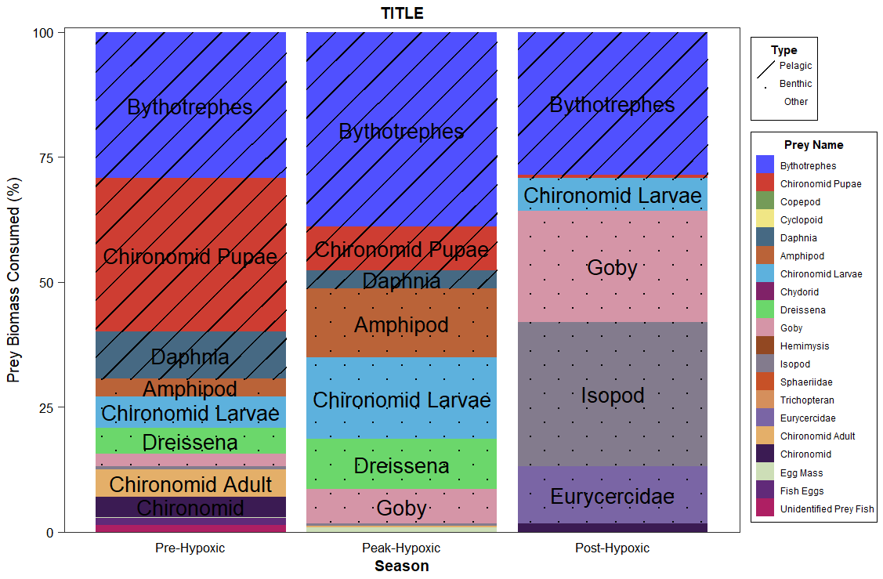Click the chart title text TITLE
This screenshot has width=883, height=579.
pos(402,13)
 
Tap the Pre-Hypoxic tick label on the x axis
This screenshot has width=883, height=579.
pos(190,548)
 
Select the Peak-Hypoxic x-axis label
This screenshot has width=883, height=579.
pos(401,548)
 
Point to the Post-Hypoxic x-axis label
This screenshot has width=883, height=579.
pos(612,548)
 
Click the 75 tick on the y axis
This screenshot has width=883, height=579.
pos(45,157)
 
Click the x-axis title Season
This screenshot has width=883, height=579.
pos(401,566)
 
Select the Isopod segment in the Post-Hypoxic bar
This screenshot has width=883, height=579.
pos(613,395)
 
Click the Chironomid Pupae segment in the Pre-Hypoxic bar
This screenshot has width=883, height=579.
pos(190,256)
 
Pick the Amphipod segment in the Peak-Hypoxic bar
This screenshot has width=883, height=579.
pos(401,324)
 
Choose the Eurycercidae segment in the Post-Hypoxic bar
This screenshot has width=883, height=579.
pos(613,496)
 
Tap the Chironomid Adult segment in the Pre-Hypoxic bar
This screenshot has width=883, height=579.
pos(190,483)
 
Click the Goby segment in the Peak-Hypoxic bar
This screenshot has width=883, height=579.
pos(401,508)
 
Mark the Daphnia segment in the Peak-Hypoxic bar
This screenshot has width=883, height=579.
pos(401,280)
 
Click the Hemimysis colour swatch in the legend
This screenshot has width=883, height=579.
pos(765,346)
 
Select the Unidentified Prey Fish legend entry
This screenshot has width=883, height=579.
pos(827,509)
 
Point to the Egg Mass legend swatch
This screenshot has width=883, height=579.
pos(765,473)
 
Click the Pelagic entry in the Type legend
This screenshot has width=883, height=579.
pos(795,66)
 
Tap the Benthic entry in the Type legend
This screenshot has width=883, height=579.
pos(795,84)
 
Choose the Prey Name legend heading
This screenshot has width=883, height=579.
pos(813,145)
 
